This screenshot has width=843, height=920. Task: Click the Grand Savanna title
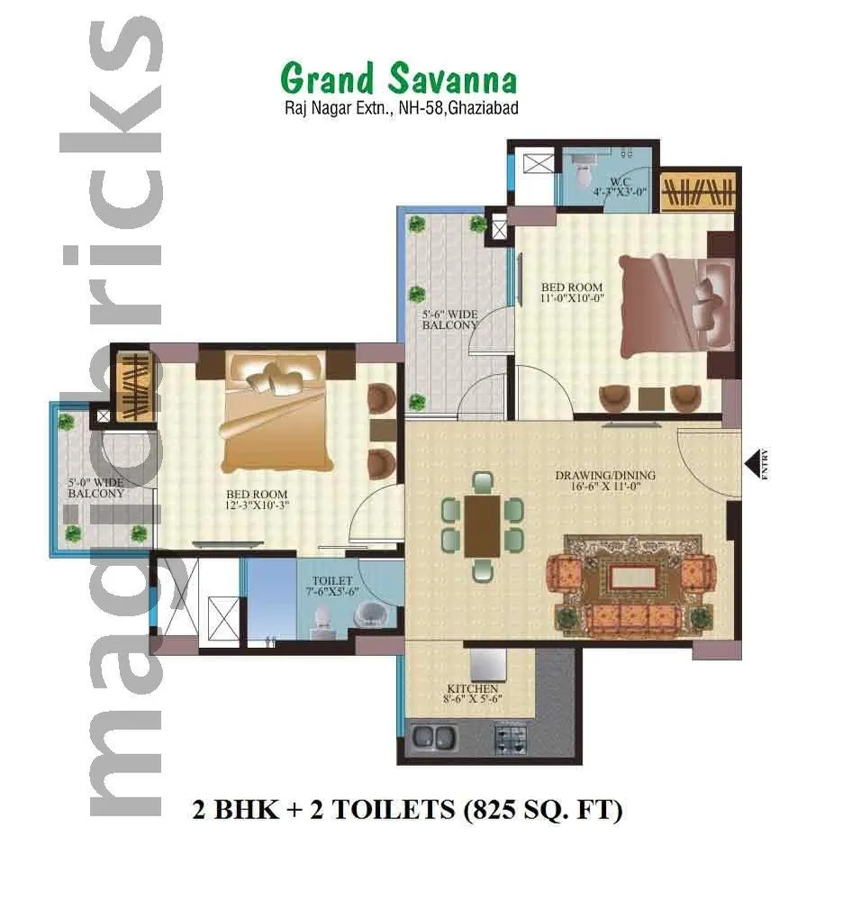tap(399, 79)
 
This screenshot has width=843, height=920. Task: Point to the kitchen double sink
tap(433, 739)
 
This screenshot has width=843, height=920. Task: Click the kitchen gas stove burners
tap(513, 740)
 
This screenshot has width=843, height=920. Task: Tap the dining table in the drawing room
tap(483, 525)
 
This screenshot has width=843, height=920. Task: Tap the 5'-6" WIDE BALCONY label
tap(449, 320)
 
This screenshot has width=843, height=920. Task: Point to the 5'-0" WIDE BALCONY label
tap(95, 487)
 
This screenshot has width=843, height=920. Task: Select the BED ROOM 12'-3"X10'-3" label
tap(257, 499)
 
